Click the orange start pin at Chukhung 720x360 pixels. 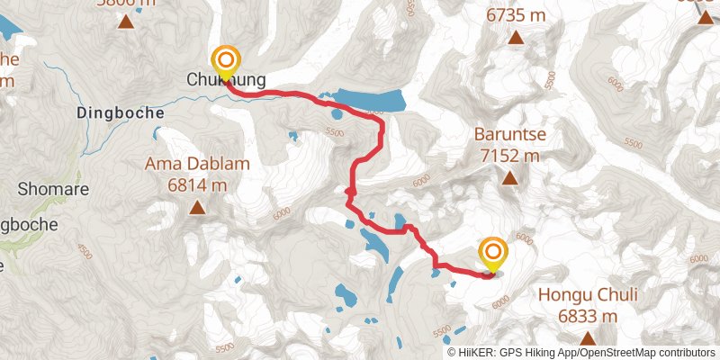coord(225,61)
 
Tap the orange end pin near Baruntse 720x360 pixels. coord(493,253)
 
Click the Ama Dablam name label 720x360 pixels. coord(197,164)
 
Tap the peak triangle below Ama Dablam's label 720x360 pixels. coord(196,209)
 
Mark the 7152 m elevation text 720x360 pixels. coord(510,155)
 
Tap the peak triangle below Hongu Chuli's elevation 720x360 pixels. coord(588,338)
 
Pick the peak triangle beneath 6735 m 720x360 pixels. coord(517,38)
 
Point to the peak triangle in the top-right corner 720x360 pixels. coord(705,15)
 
